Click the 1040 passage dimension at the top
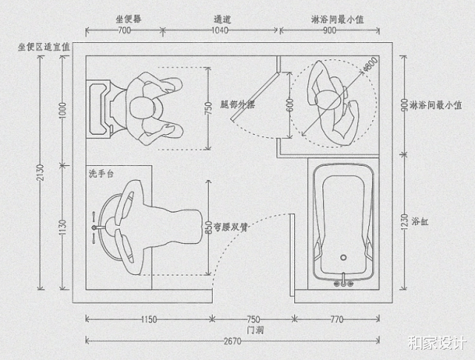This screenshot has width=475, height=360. (221, 30)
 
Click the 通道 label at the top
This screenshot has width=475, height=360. (221, 17)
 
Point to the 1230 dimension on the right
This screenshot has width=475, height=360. (405, 221)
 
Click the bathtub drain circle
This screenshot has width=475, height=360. (342, 259)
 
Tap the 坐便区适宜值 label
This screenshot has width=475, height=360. (44, 46)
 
